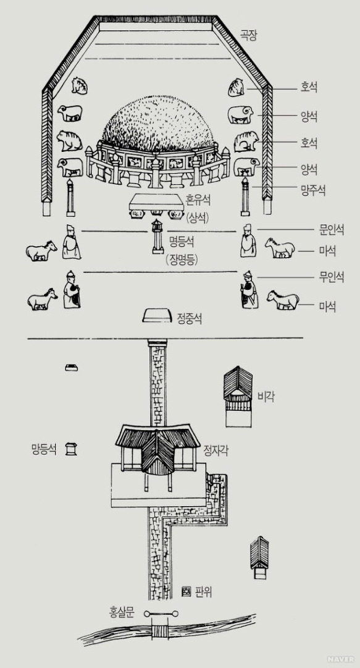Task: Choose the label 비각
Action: (x=266, y=397)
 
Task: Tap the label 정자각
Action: (x=216, y=450)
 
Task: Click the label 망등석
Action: (x=43, y=449)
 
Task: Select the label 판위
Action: (x=203, y=592)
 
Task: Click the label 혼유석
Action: (x=198, y=200)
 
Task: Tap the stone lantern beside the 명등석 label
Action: (x=158, y=237)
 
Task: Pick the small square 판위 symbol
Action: (x=185, y=592)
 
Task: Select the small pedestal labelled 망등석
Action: (x=71, y=449)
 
